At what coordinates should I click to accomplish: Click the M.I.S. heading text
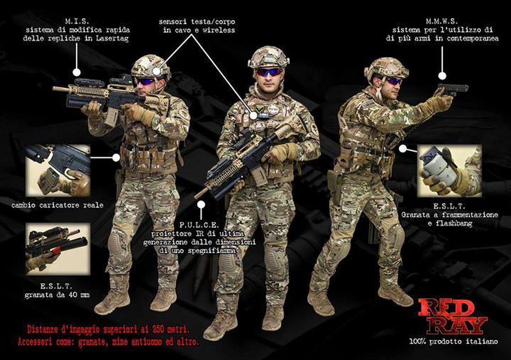(x=77, y=21)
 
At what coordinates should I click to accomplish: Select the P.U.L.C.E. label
(x=200, y=225)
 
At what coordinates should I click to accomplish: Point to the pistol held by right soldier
(x=453, y=89)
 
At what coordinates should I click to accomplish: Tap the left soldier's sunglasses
(x=146, y=81)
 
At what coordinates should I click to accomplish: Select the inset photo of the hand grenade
(x=450, y=171)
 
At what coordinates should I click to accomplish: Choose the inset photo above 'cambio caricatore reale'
(x=58, y=171)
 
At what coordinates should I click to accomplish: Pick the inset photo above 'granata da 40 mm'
(x=58, y=249)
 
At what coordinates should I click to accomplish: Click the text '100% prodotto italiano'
(x=454, y=342)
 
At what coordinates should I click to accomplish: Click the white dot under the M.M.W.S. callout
(x=442, y=76)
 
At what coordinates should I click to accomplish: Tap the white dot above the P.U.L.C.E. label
(x=202, y=205)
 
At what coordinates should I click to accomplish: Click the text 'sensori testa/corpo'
(x=197, y=22)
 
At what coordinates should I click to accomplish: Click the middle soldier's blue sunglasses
(x=268, y=72)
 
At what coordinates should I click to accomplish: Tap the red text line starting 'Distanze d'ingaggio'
(x=108, y=330)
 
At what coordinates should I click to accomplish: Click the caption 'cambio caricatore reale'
(x=57, y=205)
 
